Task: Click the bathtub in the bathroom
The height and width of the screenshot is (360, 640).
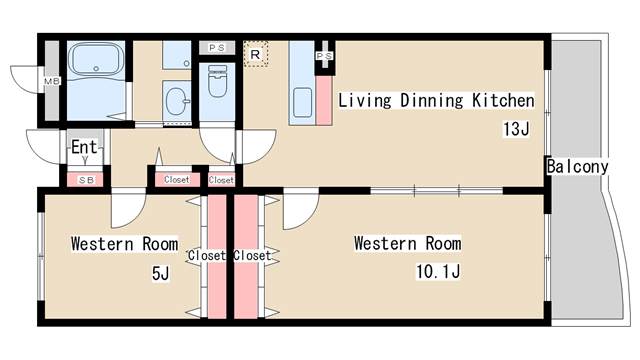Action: click(x=96, y=59)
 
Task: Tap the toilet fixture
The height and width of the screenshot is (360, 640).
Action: click(x=217, y=80)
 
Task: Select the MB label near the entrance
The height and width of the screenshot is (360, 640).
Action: click(x=52, y=81)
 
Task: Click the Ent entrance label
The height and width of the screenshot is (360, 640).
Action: click(x=84, y=147)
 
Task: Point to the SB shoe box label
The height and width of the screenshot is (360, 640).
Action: click(x=86, y=180)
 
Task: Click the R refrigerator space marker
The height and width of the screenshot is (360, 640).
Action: click(x=256, y=54)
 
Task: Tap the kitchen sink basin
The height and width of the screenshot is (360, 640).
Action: click(x=302, y=102)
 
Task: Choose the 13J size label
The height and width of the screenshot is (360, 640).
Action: click(x=516, y=129)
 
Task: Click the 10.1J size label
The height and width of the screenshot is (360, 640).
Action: click(x=438, y=271)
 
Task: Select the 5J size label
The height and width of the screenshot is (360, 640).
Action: click(x=160, y=273)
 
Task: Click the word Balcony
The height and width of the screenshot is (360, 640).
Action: click(x=577, y=167)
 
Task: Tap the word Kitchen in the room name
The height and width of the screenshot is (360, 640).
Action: click(x=503, y=100)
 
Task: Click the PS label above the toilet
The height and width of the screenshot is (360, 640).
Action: click(x=217, y=48)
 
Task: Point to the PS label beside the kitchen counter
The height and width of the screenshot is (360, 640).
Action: click(x=324, y=56)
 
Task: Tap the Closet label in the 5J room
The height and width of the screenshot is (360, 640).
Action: click(x=207, y=256)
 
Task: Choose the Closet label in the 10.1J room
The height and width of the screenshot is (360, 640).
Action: click(x=252, y=256)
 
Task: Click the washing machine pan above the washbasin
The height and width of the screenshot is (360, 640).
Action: click(x=176, y=55)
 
